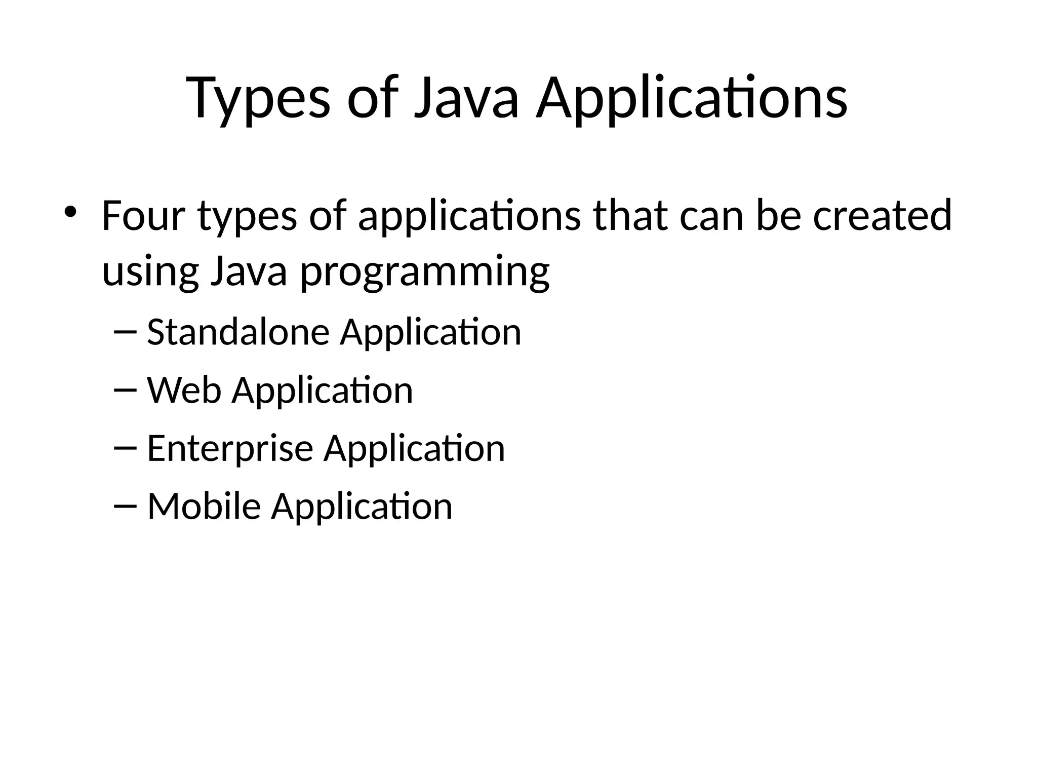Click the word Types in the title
pos(259,99)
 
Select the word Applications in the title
pos(692,99)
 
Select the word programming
pos(425,272)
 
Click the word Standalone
pos(238,333)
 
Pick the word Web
pos(184,391)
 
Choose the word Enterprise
pos(230,449)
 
